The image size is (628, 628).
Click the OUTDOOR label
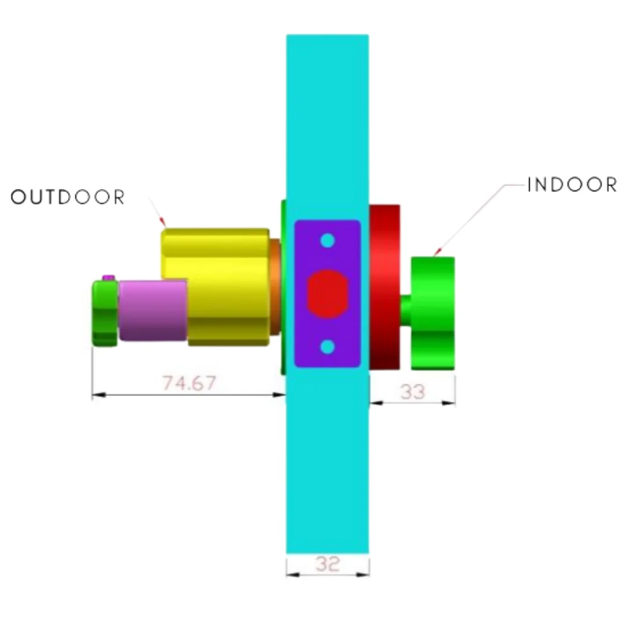point(67,197)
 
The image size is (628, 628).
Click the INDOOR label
point(572,185)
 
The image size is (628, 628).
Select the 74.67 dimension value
point(190,383)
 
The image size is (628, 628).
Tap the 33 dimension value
point(412,392)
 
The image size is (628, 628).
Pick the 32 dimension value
point(327,564)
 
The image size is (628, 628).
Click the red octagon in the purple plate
point(327,294)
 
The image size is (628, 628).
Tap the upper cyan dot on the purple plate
point(327,240)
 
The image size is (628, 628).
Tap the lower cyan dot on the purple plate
point(327,347)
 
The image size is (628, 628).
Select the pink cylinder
point(153,311)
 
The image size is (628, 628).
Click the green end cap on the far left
point(105,313)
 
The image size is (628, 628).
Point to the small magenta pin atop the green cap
point(109,277)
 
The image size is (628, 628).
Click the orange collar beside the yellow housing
point(274,287)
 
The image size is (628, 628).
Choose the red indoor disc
point(384,287)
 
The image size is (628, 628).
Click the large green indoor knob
point(433,313)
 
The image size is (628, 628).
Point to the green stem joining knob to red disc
point(406,311)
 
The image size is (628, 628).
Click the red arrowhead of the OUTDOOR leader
point(162,222)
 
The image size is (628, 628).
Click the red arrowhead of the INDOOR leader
point(437,252)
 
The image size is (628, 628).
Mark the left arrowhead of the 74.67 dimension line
point(98,395)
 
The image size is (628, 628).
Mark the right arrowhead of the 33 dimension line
point(448,403)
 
